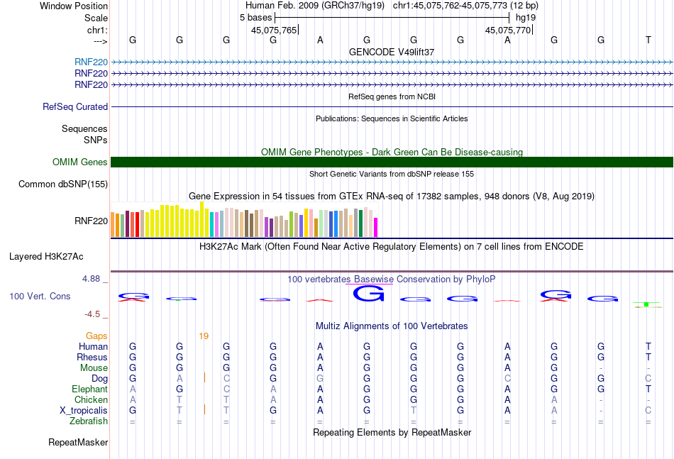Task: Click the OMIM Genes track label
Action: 80,162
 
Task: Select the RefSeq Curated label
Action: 75,107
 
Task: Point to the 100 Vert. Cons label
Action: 40,296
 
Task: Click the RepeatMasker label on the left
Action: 78,443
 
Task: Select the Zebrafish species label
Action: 89,421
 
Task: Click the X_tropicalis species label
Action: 84,411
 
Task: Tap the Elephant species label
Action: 89,389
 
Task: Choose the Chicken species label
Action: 91,400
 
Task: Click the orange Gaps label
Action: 96,336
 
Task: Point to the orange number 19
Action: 204,336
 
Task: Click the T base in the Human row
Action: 648,347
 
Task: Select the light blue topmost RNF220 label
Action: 91,62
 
